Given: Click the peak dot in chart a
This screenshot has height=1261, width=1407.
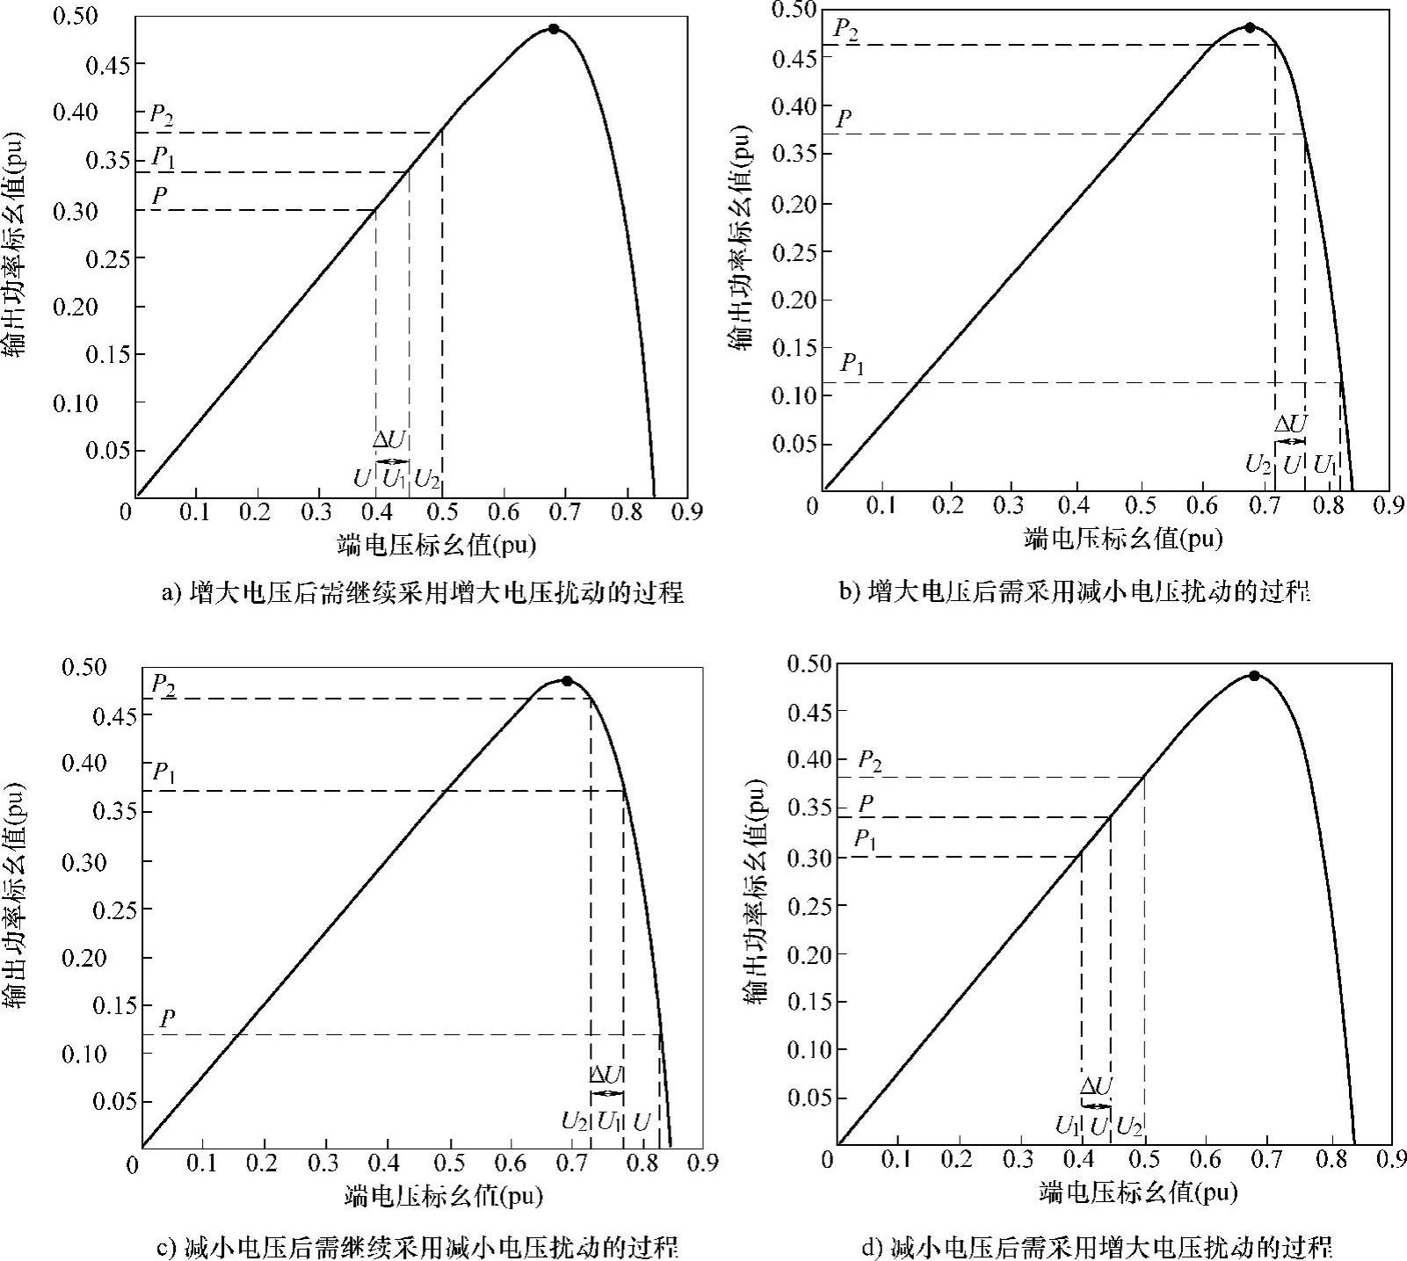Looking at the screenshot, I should coord(553,29).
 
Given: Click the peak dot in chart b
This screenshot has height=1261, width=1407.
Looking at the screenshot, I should coord(1250,27).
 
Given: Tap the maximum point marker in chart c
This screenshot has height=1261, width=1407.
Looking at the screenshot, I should coord(567,681).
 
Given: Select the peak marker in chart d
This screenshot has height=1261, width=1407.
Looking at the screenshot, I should coord(1254,676).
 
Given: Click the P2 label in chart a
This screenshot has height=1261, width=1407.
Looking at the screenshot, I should coord(161,114).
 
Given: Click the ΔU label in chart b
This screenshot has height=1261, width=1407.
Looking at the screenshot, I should coord(1291,424).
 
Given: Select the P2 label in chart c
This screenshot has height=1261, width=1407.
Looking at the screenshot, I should coord(163,684).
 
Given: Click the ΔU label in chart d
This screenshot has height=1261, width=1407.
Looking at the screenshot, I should coord(1096,1086).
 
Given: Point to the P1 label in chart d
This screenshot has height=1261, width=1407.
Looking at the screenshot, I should coord(866,839).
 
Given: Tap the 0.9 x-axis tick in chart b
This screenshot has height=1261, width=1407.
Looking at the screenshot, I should coord(1387,506).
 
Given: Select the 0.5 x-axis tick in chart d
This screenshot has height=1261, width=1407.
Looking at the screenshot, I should coord(1144,1160).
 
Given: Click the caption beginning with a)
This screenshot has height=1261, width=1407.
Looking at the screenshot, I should coord(422,593).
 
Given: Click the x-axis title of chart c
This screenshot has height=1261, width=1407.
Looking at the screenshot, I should coord(444,1196).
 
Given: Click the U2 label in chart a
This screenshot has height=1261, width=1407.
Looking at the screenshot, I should coord(427,480).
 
